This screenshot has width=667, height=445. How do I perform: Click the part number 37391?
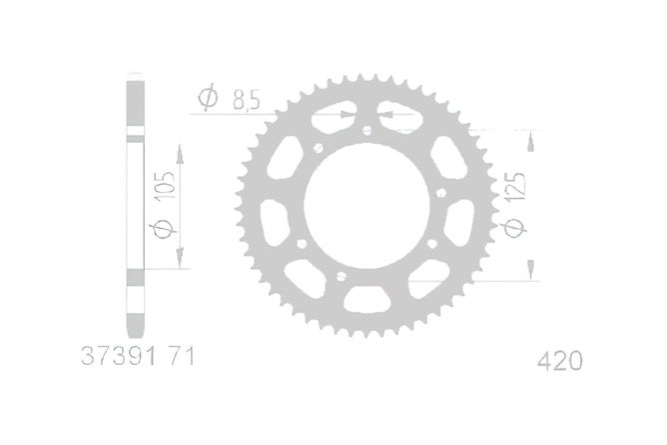pyautogui.click(x=118, y=356)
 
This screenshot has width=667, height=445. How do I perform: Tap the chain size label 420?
pyautogui.click(x=560, y=362)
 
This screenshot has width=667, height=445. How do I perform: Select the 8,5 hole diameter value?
pyautogui.click(x=246, y=100)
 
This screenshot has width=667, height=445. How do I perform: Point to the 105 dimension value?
pyautogui.click(x=166, y=186)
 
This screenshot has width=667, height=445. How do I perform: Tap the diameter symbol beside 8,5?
pyautogui.click(x=208, y=98)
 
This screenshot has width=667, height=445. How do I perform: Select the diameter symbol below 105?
pyautogui.click(x=164, y=230)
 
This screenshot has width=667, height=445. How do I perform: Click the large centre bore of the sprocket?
pyautogui.click(x=366, y=206)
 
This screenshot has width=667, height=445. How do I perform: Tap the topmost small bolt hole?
pyautogui.click(x=367, y=130)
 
